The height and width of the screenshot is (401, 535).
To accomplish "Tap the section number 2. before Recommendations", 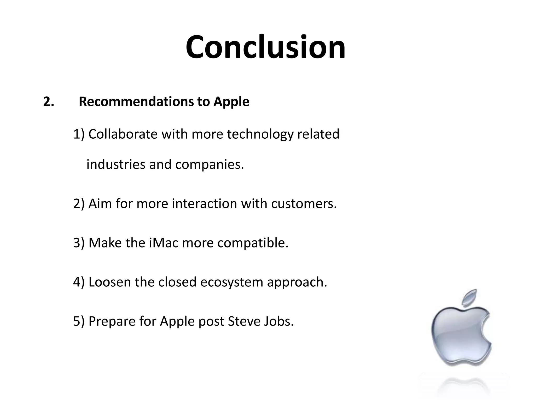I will click(48, 102).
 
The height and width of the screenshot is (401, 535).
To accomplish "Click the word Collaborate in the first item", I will click(123, 134).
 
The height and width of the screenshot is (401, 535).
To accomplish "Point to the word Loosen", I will click(109, 282).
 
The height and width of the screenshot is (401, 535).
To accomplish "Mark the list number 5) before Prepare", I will click(79, 321).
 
